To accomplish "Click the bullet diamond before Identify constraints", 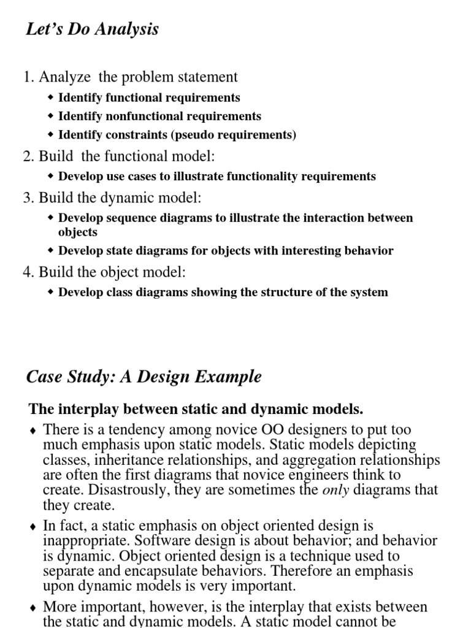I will tap(51, 134).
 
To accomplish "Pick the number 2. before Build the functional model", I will tap(29, 156).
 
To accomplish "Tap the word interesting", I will tap(290, 250).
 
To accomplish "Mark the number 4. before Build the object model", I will tap(29, 272).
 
